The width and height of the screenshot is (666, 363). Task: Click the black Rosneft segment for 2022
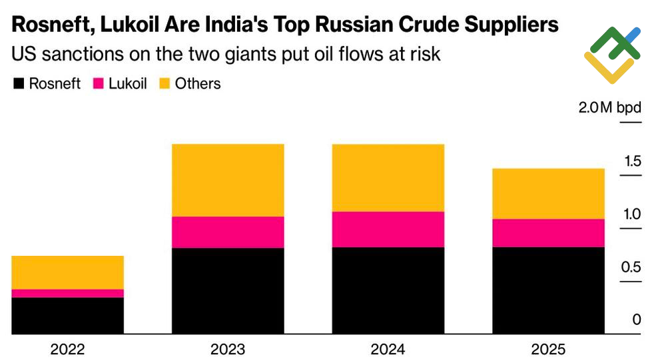[68, 316]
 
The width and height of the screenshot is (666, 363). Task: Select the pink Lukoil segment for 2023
[228, 232]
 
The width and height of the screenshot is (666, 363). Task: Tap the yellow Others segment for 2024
[388, 177]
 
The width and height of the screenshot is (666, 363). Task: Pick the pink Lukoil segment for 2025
[548, 232]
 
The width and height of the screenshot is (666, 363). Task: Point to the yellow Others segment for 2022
[68, 272]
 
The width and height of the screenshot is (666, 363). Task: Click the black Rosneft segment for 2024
[388, 290]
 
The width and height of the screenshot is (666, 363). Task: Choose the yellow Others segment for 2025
[548, 193]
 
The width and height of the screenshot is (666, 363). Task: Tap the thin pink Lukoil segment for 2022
[68, 293]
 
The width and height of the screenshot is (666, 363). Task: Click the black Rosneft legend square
[19, 84]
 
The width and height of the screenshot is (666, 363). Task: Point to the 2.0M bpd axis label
[609, 109]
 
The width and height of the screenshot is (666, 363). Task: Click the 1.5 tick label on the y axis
[632, 162]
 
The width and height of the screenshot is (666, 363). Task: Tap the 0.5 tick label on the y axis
[632, 267]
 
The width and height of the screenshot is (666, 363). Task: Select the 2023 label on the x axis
[228, 349]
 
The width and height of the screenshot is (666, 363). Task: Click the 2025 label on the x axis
[548, 349]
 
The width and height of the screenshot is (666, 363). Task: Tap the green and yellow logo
[612, 55]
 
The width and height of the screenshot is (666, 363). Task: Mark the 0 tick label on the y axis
[637, 320]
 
